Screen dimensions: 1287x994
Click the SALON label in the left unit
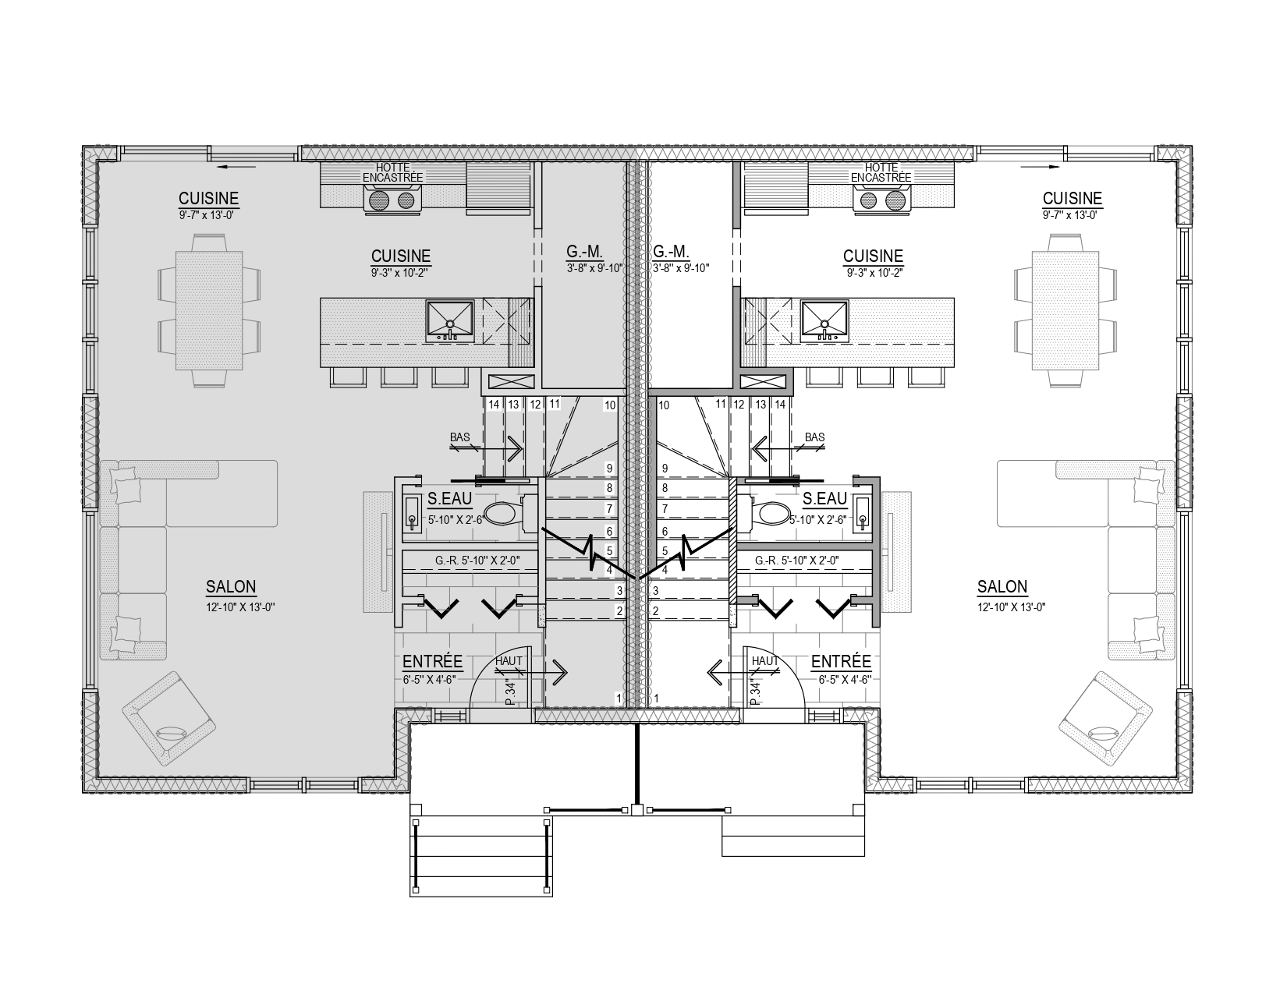click(231, 587)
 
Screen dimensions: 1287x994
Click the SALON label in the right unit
click(1002, 587)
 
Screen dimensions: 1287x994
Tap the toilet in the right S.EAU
click(764, 513)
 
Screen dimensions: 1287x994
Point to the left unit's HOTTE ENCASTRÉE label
click(392, 173)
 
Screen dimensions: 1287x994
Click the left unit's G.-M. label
click(584, 252)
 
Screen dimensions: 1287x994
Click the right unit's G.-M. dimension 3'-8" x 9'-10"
click(680, 268)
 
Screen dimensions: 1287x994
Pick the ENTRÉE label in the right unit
click(841, 662)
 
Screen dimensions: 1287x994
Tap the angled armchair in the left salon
click(168, 718)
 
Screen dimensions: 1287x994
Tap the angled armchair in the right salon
click(1105, 718)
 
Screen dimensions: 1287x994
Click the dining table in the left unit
click(209, 311)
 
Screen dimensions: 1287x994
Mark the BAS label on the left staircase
click(459, 437)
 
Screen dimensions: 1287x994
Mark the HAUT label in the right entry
click(764, 661)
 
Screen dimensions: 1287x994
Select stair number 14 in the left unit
click(494, 405)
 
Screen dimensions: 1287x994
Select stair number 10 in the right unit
click(664, 405)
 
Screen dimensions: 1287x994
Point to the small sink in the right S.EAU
click(863, 513)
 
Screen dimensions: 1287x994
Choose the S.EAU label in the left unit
click(449, 499)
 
